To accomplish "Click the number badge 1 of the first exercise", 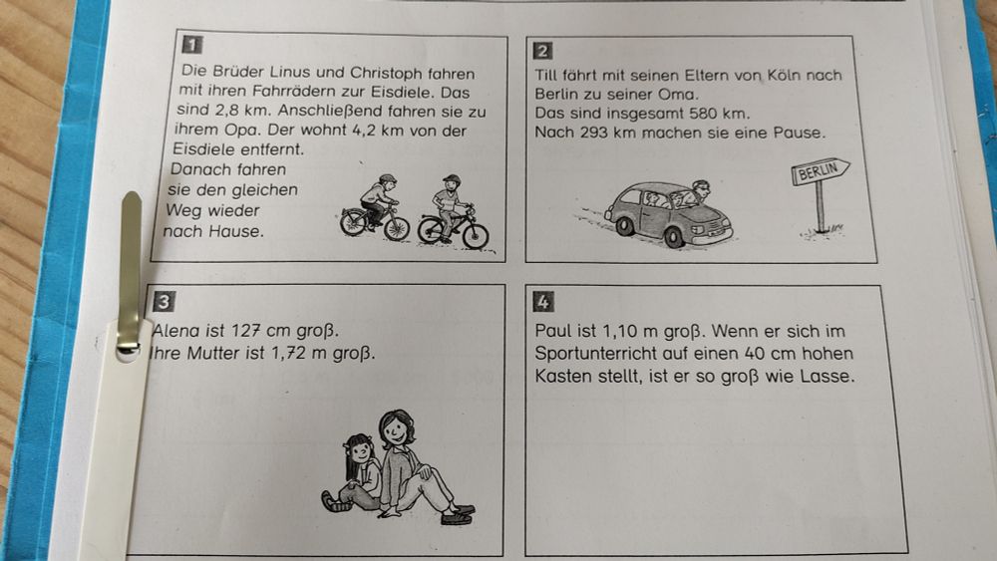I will (x=189, y=45).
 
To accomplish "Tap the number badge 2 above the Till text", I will (x=543, y=51).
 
